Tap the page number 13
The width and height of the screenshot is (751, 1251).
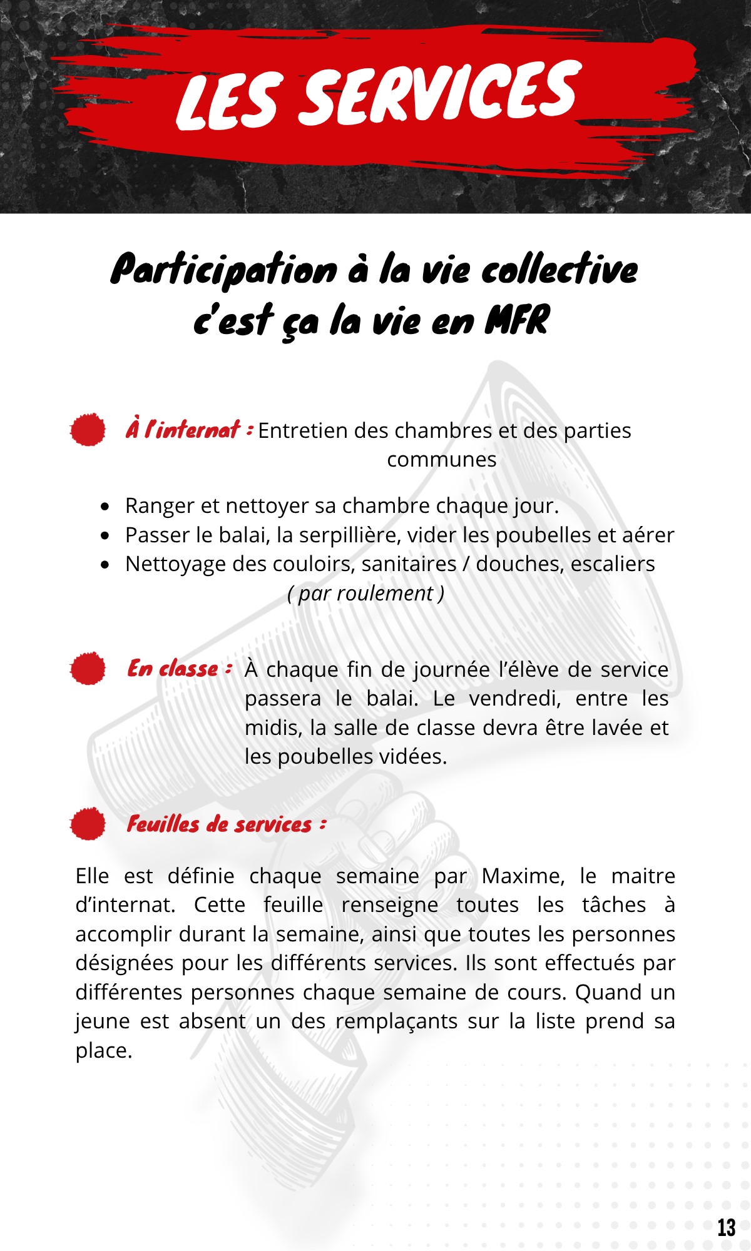click(726, 1228)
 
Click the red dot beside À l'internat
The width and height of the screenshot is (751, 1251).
click(88, 430)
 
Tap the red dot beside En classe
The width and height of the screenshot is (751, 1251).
click(88, 668)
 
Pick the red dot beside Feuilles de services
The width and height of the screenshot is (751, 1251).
click(88, 823)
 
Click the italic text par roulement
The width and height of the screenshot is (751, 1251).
click(366, 593)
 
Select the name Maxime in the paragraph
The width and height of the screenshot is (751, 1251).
click(522, 876)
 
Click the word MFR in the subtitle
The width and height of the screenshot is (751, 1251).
click(517, 320)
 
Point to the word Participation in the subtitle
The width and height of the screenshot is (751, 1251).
click(224, 270)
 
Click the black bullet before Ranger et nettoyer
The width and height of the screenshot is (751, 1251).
click(105, 506)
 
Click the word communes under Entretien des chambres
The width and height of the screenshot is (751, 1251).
click(441, 459)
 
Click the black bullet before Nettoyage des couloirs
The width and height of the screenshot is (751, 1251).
click(105, 564)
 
